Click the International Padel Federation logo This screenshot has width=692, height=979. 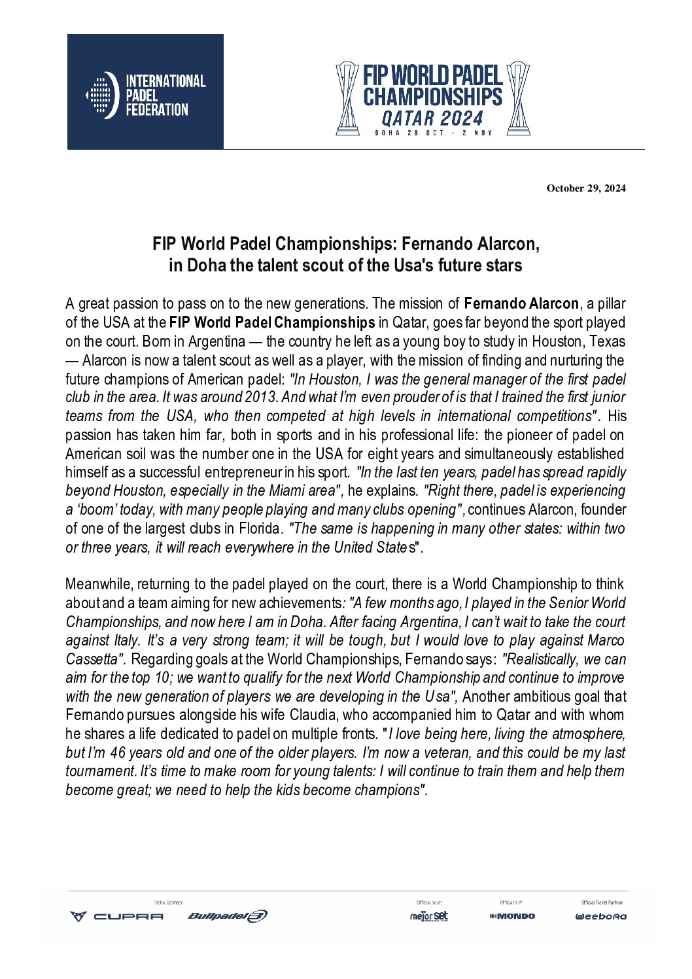pyautogui.click(x=145, y=92)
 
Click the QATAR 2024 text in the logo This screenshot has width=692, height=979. pyautogui.click(x=432, y=118)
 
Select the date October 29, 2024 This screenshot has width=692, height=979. pyautogui.click(x=586, y=188)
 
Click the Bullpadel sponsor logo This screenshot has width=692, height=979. pyautogui.click(x=228, y=916)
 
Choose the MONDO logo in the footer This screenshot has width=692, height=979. pyautogui.click(x=512, y=916)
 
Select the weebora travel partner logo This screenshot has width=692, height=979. pyautogui.click(x=601, y=916)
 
